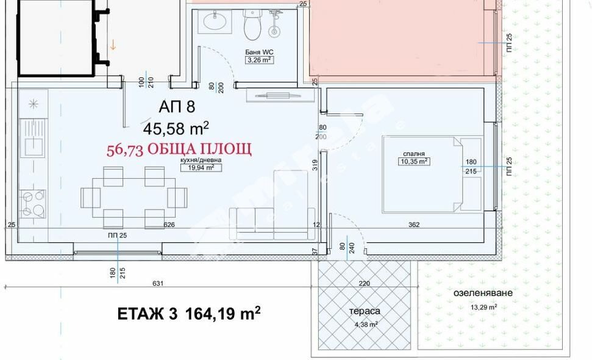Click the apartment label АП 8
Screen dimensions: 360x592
[177, 107]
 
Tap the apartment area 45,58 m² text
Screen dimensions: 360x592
[176, 128]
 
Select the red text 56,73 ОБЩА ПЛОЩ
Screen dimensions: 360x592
[179, 149]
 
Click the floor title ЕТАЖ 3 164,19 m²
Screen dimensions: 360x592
[189, 314]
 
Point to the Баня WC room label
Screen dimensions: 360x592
[258, 52]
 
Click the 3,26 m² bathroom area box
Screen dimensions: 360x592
[258, 60]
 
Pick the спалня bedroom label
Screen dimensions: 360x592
[413, 154]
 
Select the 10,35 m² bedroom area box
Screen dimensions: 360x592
[413, 162]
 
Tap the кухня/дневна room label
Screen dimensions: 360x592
[201, 160]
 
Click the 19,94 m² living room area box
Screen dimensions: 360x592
[201, 168]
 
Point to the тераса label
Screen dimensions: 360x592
[365, 311]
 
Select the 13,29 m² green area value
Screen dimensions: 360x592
[483, 307]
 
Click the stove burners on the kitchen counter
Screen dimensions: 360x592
[32, 204]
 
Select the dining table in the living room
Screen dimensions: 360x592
[134, 197]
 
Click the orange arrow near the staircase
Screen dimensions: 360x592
[113, 45]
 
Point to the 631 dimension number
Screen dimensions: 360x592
[159, 283]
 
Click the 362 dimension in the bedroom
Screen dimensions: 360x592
[413, 225]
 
